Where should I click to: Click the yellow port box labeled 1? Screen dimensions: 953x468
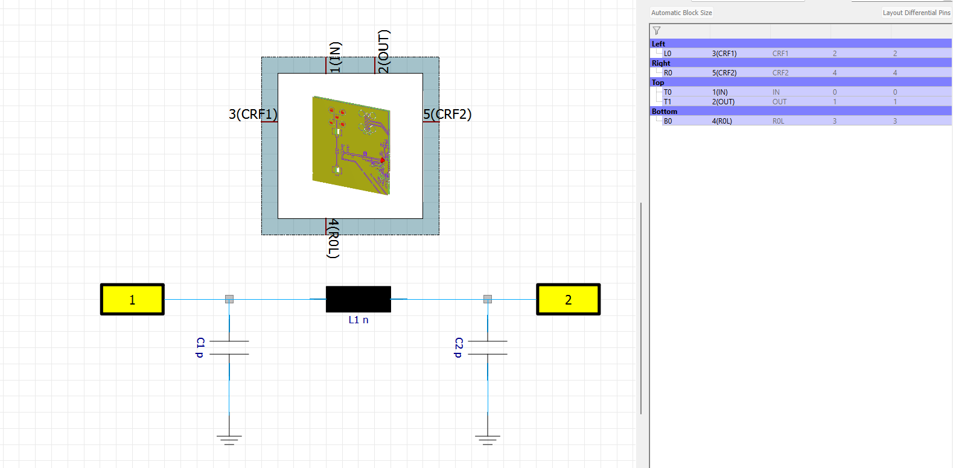tap(132, 299)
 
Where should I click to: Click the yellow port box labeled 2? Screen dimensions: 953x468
tap(569, 299)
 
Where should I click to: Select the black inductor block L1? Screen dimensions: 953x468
tap(359, 299)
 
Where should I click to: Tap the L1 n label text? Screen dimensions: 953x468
tap(359, 320)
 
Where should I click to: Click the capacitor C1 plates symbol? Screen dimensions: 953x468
tap(229, 347)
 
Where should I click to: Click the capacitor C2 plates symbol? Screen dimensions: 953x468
tap(488, 347)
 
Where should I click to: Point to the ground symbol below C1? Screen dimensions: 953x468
tap(229, 440)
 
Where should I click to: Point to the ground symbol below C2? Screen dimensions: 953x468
tap(488, 440)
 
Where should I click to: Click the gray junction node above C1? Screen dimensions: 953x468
tap(229, 299)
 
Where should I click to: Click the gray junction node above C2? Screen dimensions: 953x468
tap(488, 299)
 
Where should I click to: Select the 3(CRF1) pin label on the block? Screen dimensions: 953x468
tap(253, 114)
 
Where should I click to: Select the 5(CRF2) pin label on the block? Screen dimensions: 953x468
tap(447, 114)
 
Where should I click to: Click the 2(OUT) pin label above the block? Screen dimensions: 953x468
tap(383, 51)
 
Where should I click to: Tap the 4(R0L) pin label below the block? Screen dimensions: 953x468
tap(333, 238)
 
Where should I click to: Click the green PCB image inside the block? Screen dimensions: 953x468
tap(351, 145)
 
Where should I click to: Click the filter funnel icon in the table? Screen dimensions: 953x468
tap(657, 31)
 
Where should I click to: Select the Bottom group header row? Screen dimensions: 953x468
tap(800, 112)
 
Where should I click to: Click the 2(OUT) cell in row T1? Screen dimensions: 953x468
tap(723, 101)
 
